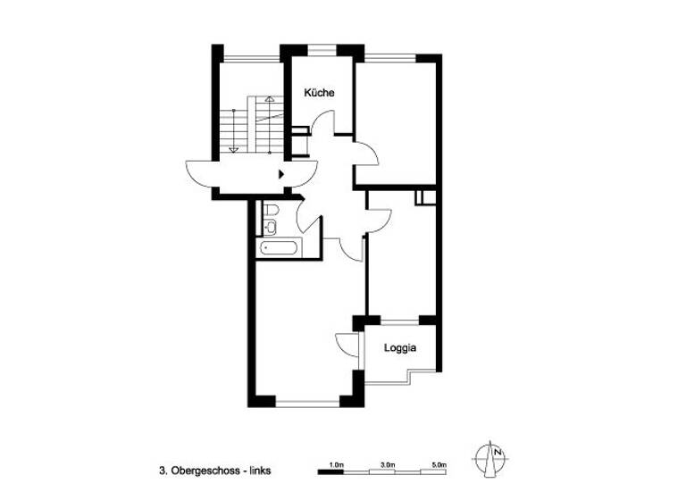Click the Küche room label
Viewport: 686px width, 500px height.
(x=319, y=93)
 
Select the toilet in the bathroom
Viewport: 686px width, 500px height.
(x=272, y=212)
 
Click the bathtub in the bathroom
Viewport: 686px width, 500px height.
(x=278, y=247)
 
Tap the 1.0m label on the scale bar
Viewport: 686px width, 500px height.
(x=337, y=465)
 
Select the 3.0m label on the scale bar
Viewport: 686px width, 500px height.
(x=388, y=465)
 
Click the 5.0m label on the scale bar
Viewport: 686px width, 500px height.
(x=438, y=465)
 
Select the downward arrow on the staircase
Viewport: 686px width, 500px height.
(x=234, y=149)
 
